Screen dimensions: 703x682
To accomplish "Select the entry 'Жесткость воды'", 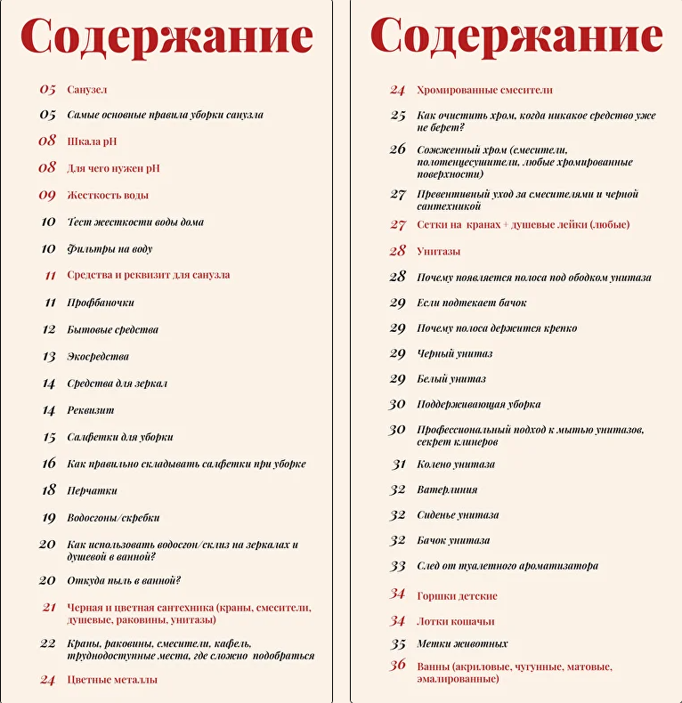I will [108, 195].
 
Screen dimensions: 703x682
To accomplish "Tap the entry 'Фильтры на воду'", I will [110, 248].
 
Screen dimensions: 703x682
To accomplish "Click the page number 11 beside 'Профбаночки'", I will [50, 303].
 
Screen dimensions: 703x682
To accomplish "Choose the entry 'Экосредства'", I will [98, 356].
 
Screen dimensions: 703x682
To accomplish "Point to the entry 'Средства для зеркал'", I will [118, 384].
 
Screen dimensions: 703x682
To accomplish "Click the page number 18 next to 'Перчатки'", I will [48, 490].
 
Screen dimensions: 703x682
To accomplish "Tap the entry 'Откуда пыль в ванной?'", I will [124, 580].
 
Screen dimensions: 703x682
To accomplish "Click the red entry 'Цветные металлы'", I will [112, 680].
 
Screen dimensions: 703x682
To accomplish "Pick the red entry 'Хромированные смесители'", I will [484, 90].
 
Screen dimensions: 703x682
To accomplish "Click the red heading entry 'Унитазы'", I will [439, 252].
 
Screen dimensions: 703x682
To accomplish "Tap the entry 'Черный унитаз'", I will [455, 353].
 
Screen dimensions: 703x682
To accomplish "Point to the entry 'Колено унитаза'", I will [456, 464].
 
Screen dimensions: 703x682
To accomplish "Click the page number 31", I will [399, 464].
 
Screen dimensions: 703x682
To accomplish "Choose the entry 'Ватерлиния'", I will [447, 489].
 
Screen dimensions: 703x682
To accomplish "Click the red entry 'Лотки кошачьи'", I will [456, 621].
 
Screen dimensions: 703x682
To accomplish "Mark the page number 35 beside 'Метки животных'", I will [398, 644].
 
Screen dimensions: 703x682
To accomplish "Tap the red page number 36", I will [398, 666].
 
